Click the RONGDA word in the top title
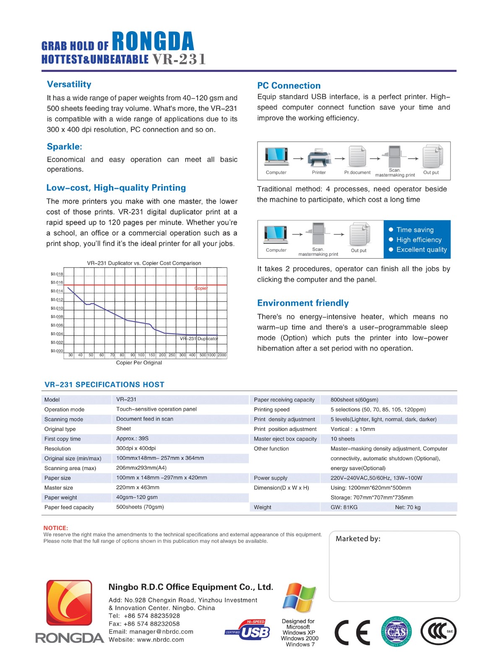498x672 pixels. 153,42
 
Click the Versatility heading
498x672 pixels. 69,84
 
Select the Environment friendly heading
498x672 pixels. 303,303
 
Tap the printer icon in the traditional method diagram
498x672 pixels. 319,157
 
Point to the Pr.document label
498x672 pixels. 357,173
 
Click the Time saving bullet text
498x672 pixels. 415,230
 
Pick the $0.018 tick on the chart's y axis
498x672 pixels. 57,274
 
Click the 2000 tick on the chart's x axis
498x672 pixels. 222,355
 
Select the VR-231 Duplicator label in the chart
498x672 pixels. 199,339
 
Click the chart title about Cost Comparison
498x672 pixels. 144,263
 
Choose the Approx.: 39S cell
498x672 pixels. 132,438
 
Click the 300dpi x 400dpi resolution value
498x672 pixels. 136,448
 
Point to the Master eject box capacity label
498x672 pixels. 285,439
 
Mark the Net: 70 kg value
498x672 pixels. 408,507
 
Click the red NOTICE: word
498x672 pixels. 56,528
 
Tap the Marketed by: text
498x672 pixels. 358,539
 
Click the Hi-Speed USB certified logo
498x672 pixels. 248,630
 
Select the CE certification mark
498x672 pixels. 352,632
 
